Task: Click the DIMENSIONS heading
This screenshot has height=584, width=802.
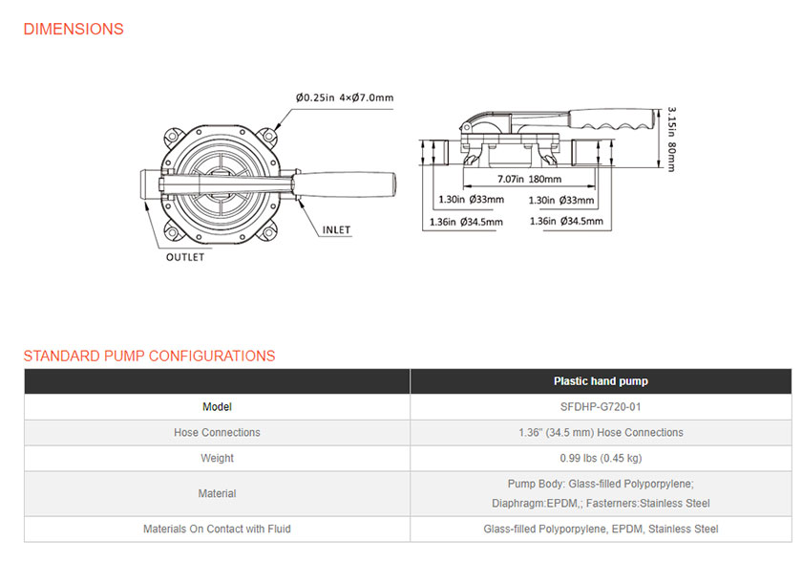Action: [74, 30]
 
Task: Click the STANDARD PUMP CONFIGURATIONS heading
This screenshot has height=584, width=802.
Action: [149, 356]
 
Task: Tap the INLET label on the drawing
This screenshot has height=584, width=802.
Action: [336, 230]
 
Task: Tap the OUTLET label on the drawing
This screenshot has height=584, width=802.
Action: [185, 257]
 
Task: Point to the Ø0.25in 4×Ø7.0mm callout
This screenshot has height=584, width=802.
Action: [345, 97]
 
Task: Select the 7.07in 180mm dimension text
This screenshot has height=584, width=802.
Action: [529, 179]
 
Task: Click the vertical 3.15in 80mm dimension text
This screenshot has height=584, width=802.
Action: [671, 140]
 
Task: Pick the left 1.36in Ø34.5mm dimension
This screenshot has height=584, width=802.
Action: [466, 222]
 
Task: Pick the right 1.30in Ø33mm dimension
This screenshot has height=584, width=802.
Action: [561, 200]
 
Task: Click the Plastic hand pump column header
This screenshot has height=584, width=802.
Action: [601, 381]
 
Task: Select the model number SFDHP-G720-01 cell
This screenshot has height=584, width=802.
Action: [601, 407]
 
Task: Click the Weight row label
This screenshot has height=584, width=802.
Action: [217, 458]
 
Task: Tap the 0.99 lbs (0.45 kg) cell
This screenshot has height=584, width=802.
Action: [601, 458]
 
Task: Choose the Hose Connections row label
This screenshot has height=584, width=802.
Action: [217, 432]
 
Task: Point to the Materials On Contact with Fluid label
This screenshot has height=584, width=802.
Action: [217, 529]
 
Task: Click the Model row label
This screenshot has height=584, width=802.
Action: [217, 407]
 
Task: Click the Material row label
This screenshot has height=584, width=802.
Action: [217, 493]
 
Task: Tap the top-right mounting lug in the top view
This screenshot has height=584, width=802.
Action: [267, 136]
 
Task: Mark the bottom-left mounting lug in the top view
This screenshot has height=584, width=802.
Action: [173, 232]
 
